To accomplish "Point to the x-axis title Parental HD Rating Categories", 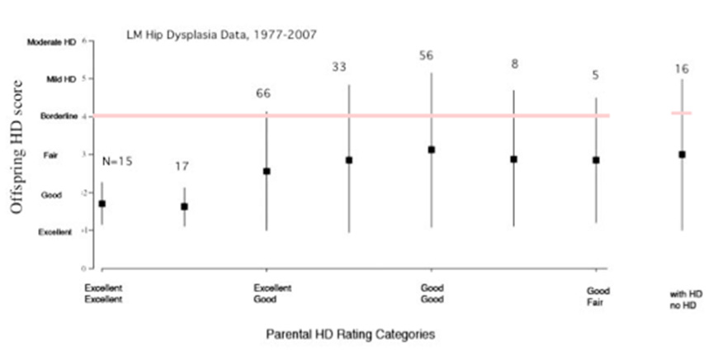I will pyautogui.click(x=350, y=334).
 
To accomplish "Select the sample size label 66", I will pyautogui.click(x=265, y=94).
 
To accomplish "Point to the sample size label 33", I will pyautogui.click(x=339, y=67).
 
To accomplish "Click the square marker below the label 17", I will pyautogui.click(x=184, y=206).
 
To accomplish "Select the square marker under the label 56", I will pyautogui.click(x=431, y=149).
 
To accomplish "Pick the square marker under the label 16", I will pyautogui.click(x=682, y=154).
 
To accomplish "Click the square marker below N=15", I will pyautogui.click(x=102, y=203).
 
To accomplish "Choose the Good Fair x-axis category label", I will pyautogui.click(x=598, y=295).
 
